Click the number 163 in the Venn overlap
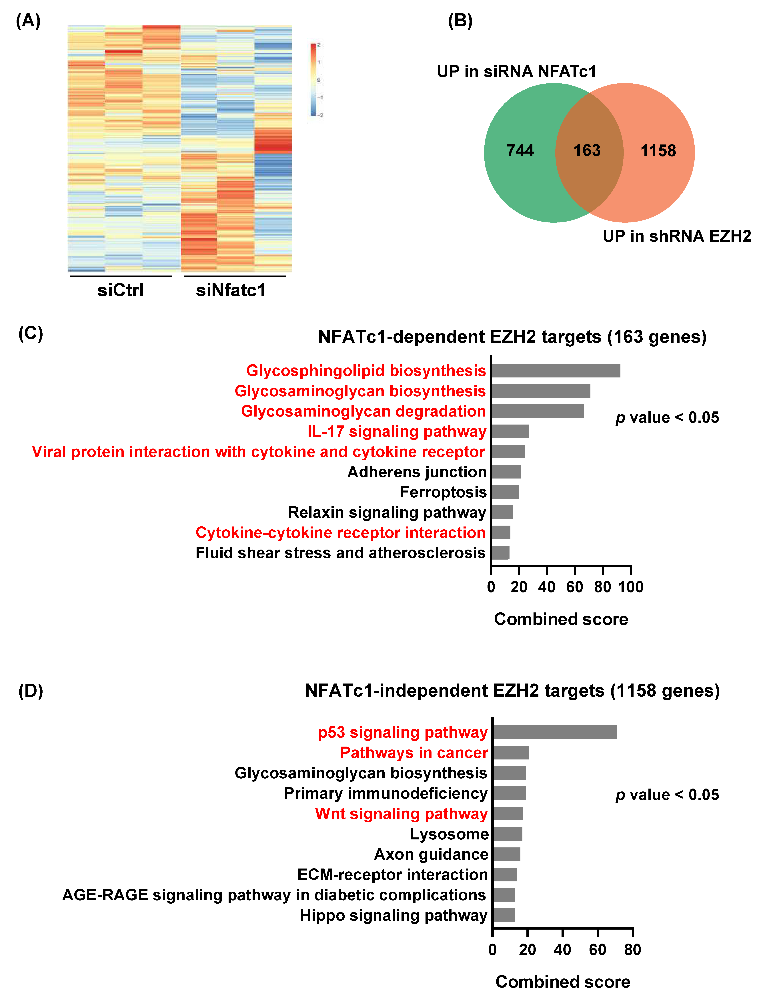(587, 150)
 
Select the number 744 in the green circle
(520, 150)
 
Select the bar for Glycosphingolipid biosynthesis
(556, 371)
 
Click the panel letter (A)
(28, 21)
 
